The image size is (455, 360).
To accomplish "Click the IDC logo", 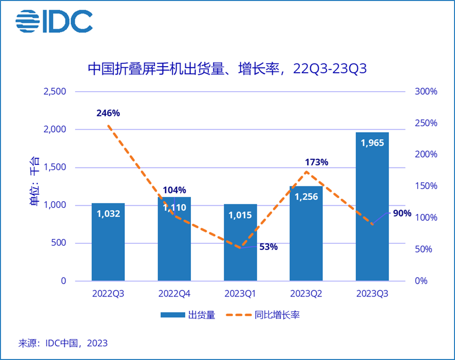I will pos(54,21).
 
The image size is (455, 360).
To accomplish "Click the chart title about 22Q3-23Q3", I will pos(227,69).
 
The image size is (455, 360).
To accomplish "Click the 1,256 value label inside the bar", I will pos(306,197).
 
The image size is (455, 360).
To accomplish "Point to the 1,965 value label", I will pos(372,143).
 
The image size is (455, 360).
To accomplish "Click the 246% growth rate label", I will pos(108,113).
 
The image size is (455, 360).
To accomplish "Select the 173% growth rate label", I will pos(317,162).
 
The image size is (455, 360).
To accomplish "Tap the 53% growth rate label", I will pos(268,247).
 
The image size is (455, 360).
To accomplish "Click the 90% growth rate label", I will pos(401,214).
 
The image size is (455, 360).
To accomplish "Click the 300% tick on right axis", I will pos(425,92).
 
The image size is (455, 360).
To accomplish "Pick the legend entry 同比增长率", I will pos(277,315).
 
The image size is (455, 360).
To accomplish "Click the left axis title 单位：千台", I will pos(34,186).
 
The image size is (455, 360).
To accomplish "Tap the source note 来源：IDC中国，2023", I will pos(63,343).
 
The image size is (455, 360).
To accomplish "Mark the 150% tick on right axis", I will pos(425,186).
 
